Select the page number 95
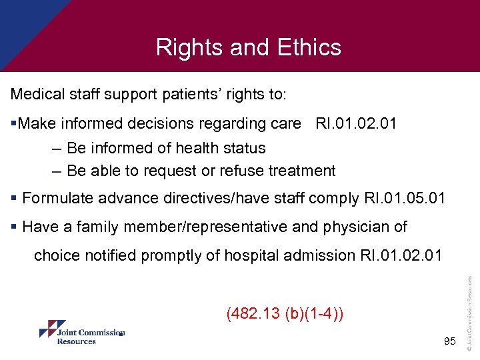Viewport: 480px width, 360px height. coord(449,341)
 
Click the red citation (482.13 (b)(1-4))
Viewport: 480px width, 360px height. coord(285,313)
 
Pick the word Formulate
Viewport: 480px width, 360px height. coord(57,198)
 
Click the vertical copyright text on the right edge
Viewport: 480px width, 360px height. coord(470,313)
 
